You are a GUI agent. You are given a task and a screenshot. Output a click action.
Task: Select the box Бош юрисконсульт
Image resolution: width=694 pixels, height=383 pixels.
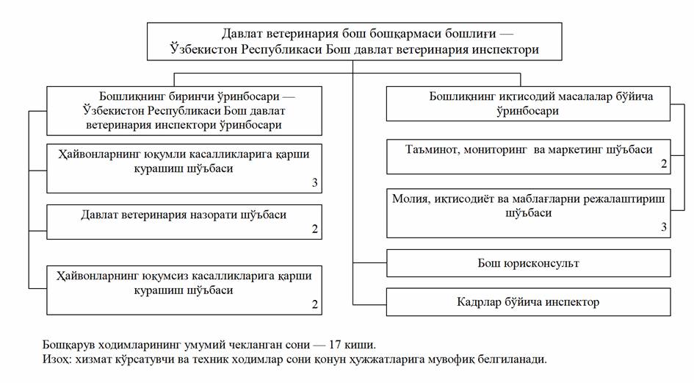[528, 262]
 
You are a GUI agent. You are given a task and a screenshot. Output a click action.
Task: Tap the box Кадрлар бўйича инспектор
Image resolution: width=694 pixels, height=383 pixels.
[528, 302]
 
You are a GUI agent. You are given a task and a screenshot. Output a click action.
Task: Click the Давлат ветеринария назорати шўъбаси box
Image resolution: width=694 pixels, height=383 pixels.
[184, 221]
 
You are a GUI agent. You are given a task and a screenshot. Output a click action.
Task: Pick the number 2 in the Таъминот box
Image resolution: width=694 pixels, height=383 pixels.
[663, 165]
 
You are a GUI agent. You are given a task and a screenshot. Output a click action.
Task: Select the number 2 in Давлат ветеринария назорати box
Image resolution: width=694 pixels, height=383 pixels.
[314, 229]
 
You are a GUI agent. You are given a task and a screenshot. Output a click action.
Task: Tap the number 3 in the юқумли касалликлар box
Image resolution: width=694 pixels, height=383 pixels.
[314, 182]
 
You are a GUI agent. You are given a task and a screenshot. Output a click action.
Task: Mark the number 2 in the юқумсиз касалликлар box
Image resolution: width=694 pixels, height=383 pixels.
[314, 304]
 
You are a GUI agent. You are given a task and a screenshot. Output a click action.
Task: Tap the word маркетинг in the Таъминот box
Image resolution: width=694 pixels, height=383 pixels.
[578, 149]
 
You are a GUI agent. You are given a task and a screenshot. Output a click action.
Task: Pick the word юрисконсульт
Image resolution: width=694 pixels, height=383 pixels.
[540, 262]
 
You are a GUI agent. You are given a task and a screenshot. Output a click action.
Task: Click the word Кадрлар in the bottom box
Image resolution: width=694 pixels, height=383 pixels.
[479, 302]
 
